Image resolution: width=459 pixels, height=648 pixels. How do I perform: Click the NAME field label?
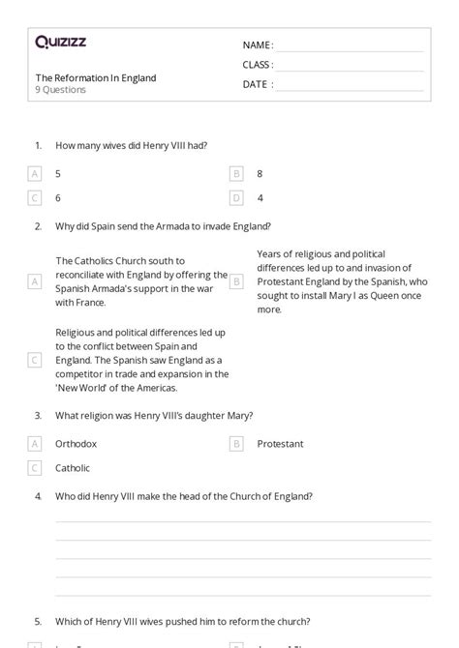click(x=257, y=44)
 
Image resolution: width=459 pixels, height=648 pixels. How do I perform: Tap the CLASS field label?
click(x=258, y=65)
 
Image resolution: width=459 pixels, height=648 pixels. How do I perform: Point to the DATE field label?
click(x=257, y=84)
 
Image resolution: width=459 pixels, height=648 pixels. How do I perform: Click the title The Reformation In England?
click(x=95, y=77)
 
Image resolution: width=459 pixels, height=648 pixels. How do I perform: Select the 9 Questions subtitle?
click(x=61, y=90)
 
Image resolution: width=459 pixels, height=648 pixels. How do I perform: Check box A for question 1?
click(x=35, y=174)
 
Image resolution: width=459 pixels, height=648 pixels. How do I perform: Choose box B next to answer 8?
click(x=236, y=174)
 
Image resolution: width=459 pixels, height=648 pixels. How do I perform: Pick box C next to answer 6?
click(x=35, y=197)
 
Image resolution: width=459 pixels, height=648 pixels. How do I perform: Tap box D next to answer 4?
click(x=236, y=197)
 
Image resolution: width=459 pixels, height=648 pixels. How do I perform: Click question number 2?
click(x=38, y=227)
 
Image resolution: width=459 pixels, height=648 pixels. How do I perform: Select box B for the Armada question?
click(x=236, y=281)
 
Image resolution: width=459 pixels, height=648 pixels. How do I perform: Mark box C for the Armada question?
click(x=35, y=360)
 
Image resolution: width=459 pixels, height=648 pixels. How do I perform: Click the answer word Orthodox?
click(x=76, y=444)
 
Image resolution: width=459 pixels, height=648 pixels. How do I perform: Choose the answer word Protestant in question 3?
click(x=280, y=444)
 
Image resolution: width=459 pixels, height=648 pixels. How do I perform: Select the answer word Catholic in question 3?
click(x=73, y=468)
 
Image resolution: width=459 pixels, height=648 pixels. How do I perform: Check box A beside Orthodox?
click(x=35, y=444)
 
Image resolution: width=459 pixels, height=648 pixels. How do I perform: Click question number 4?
click(x=38, y=496)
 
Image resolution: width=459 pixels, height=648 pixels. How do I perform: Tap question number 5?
click(x=38, y=621)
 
